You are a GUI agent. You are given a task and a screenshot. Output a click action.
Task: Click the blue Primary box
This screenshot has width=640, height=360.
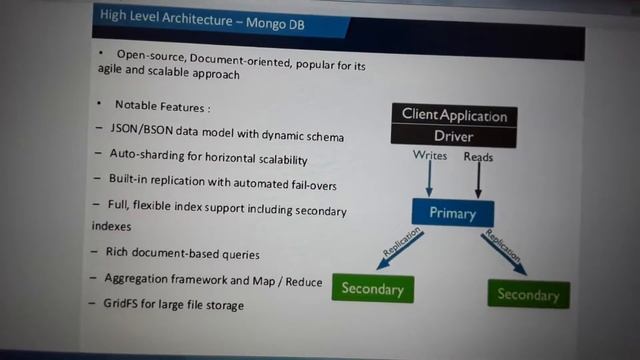pyautogui.click(x=452, y=212)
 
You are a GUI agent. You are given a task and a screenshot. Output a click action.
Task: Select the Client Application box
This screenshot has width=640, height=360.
pyautogui.click(x=455, y=115)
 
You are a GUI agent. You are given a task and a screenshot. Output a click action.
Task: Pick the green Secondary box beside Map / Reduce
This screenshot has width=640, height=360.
pyautogui.click(x=372, y=289)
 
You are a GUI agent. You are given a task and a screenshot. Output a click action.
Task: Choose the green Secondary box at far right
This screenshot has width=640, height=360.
pyautogui.click(x=528, y=294)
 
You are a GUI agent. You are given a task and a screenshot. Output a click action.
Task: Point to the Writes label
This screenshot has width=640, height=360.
pyautogui.click(x=430, y=156)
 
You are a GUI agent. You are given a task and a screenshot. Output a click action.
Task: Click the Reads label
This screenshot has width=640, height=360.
pyautogui.click(x=478, y=157)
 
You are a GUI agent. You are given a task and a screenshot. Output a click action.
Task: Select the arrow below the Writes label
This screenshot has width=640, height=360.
pyautogui.click(x=429, y=180)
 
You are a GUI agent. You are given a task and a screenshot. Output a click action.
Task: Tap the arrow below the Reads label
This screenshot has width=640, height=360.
pyautogui.click(x=478, y=180)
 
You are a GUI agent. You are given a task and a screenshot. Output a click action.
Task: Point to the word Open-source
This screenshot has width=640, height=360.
pyautogui.click(x=152, y=54)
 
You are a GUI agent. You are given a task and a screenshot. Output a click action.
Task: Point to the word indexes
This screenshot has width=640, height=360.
pyautogui.click(x=111, y=227)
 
